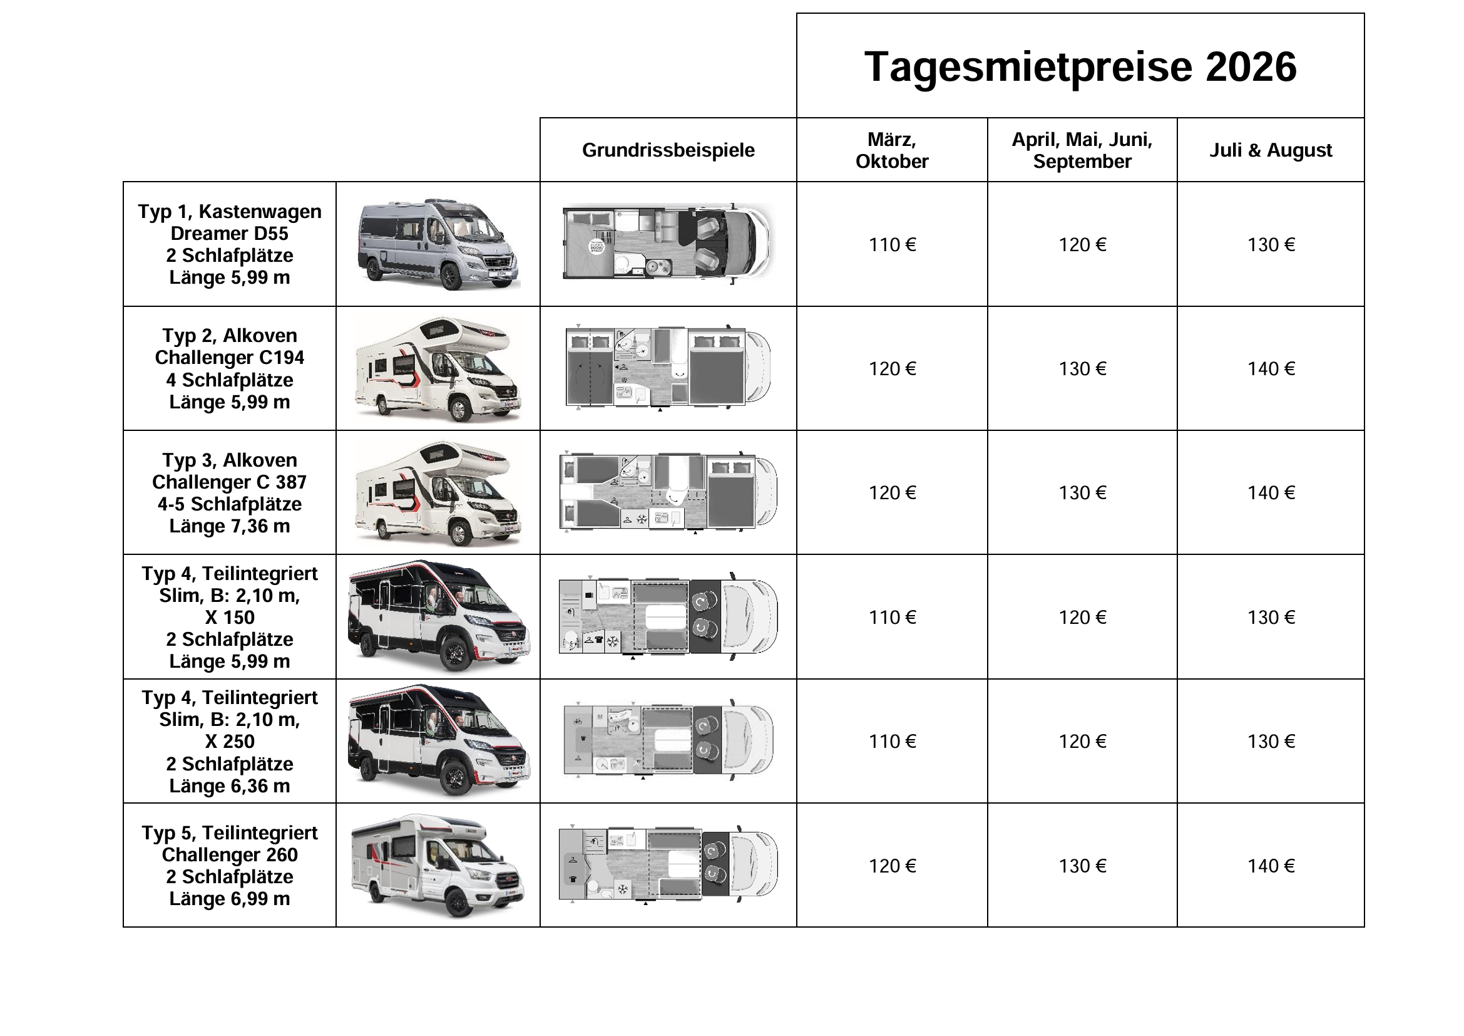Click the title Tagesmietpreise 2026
[1080, 66]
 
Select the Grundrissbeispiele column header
[668, 150]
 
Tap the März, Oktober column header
[891, 150]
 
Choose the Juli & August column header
[1270, 150]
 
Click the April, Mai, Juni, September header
[1082, 150]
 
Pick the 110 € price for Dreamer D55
[891, 244]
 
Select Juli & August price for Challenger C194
[1270, 369]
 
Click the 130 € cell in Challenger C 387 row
[1082, 492]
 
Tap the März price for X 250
[891, 741]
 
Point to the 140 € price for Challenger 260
[1270, 866]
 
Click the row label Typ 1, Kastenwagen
[230, 212]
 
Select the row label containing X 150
[230, 617]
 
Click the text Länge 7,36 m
[230, 526]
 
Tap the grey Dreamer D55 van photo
[438, 244]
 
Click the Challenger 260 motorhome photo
[438, 866]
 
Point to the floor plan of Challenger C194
[668, 369]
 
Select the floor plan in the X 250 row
[668, 741]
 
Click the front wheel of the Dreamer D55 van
[451, 276]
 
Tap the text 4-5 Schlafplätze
[230, 504]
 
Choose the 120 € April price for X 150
[1082, 617]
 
